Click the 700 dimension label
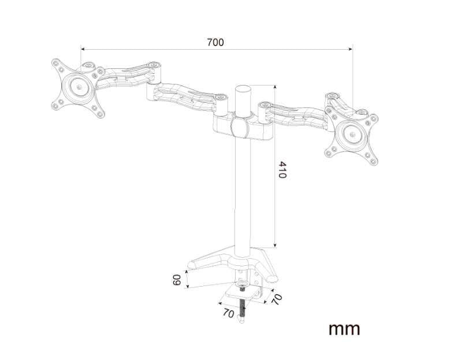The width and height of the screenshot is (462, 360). click(215, 42)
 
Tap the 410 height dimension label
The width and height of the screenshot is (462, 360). click(282, 170)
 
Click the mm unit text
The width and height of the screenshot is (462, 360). click(344, 329)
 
